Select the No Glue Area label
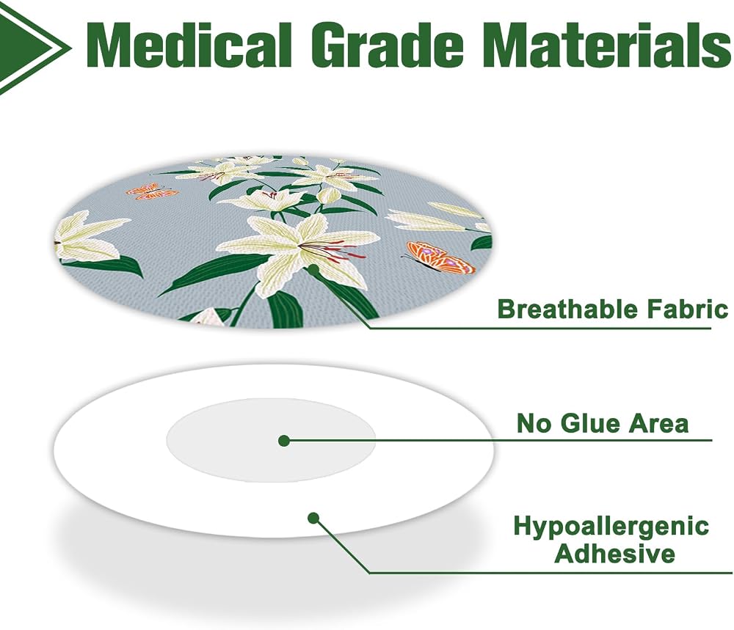point(603,423)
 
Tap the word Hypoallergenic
point(611,526)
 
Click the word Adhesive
point(614,554)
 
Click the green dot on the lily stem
point(313,269)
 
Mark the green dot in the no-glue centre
point(283,441)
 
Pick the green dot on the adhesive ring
point(313,519)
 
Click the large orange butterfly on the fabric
point(440,257)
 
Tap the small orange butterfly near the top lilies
point(151,191)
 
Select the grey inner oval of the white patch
point(272,439)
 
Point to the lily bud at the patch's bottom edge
point(208,317)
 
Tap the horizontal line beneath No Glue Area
point(498,441)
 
